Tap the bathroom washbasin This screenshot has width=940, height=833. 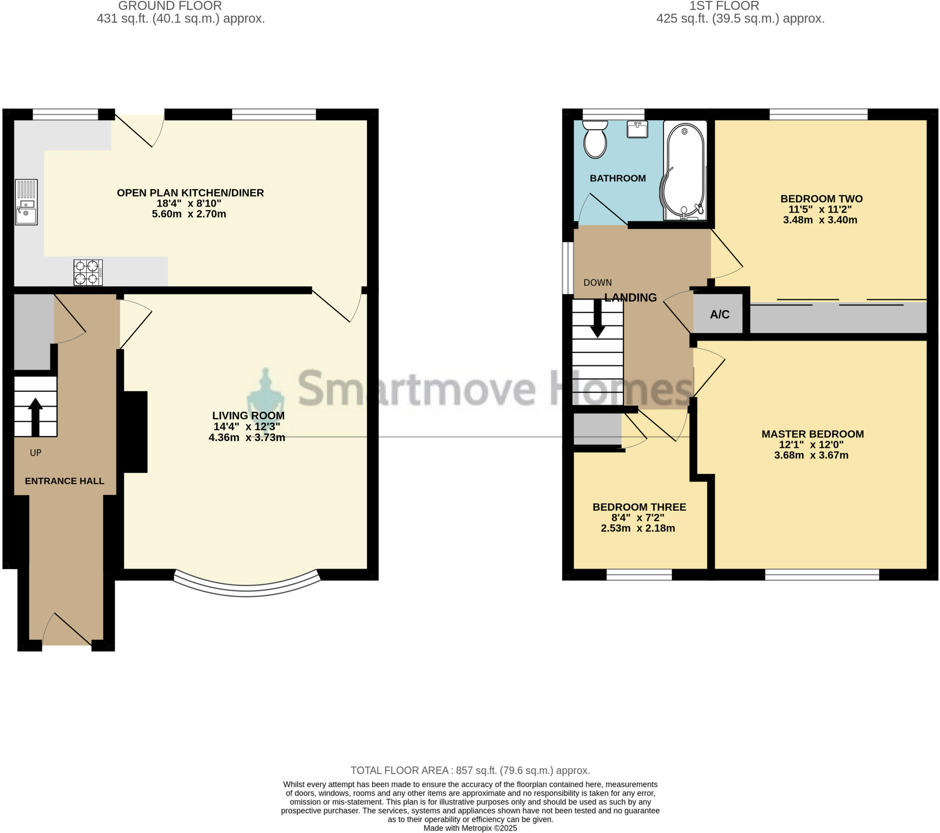[637, 129]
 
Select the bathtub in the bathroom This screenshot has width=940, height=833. [684, 170]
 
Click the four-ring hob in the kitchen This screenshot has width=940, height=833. [88, 272]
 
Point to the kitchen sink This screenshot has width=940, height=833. [26, 203]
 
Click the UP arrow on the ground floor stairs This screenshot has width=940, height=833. [35, 416]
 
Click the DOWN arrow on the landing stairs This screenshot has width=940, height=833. [598, 319]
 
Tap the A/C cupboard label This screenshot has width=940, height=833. [719, 315]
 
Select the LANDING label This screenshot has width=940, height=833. [630, 298]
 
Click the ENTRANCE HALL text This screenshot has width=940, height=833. [64, 481]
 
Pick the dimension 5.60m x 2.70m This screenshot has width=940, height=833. [189, 214]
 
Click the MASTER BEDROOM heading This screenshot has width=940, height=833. [812, 434]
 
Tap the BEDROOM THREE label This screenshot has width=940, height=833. [639, 507]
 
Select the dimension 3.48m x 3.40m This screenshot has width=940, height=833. [819, 220]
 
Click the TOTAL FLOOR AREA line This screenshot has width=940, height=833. [470, 771]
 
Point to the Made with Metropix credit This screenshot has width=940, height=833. [470, 828]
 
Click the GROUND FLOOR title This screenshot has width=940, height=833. [170, 6]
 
